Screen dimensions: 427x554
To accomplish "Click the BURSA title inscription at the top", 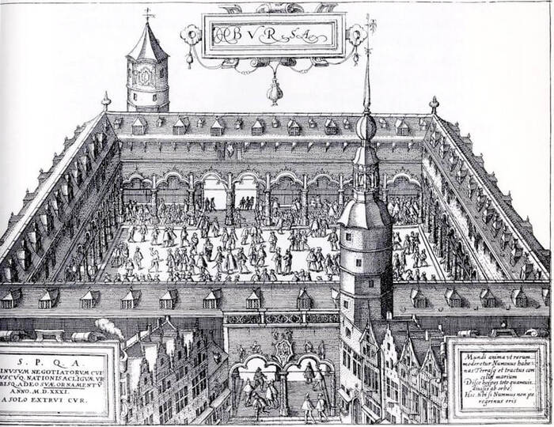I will pyautogui.click(x=273, y=34).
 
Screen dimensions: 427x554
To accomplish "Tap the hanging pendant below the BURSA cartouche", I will pyautogui.click(x=274, y=93).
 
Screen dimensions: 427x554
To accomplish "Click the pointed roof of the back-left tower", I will pyautogui.click(x=148, y=43).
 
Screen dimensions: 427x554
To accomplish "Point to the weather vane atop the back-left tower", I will pyautogui.click(x=147, y=13).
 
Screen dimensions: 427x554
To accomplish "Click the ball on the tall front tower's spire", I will pyautogui.click(x=366, y=127).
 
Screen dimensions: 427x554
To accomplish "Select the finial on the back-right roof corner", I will pyautogui.click(x=434, y=104).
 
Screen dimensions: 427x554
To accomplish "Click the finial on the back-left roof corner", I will pyautogui.click(x=106, y=100).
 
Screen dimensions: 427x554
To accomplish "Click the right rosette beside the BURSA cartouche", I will pyautogui.click(x=357, y=32).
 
